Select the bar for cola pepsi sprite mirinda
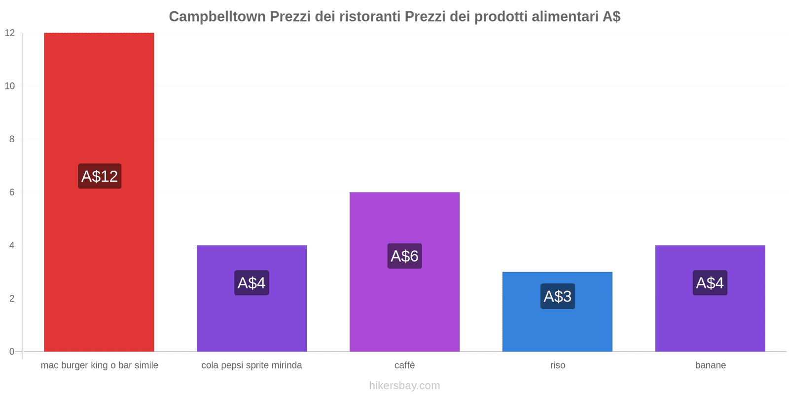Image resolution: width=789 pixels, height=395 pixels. [251, 321]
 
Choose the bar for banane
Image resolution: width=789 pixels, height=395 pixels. [710, 321]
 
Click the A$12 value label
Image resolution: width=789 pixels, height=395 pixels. [100, 176]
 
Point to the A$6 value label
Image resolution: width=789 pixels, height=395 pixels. [404, 256]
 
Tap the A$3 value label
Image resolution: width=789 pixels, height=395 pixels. [557, 296]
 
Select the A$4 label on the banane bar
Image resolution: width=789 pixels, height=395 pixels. [710, 283]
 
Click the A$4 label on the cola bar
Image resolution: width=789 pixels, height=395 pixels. [251, 283]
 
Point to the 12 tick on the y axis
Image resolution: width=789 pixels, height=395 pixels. [10, 33]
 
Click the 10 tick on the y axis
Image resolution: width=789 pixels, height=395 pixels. [10, 86]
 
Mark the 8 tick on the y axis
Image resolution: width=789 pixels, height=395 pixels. [12, 139]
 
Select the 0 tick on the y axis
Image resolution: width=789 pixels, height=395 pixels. [12, 352]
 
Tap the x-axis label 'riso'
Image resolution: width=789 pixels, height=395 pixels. [558, 365]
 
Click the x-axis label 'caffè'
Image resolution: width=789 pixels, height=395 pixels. [404, 365]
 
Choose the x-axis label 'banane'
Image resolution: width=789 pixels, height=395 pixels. [710, 365]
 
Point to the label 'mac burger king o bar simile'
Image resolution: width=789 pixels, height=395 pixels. [100, 365]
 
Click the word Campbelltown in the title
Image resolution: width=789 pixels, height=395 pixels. [217, 17]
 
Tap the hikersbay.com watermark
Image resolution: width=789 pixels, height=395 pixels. [404, 386]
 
